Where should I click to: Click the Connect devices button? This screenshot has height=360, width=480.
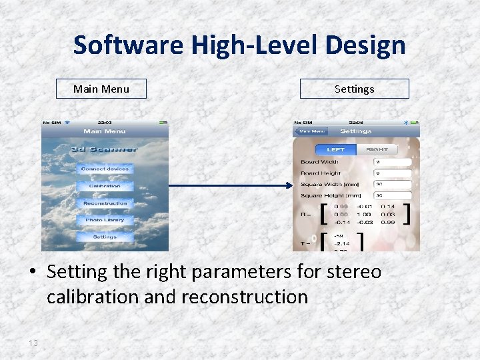tap(105, 169)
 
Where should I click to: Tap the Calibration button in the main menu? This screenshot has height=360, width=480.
tap(105, 186)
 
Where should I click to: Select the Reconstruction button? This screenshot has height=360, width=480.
tap(105, 203)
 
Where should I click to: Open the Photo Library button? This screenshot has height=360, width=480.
tap(105, 220)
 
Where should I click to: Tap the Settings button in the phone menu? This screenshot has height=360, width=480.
tap(105, 237)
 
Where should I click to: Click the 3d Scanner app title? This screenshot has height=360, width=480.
tap(105, 149)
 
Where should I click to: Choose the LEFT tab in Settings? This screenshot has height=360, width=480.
tap(336, 149)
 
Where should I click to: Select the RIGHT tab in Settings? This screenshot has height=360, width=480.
tap(377, 149)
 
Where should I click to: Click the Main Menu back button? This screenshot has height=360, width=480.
tap(311, 131)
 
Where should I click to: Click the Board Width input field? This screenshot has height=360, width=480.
tap(393, 161)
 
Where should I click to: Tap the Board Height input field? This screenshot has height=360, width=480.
tap(393, 173)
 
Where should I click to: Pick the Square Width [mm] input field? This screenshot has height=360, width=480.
tap(393, 185)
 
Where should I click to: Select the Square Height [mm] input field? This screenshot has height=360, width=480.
tap(393, 196)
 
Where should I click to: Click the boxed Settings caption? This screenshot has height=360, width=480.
tap(354, 89)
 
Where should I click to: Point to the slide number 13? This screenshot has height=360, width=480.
tap(33, 343)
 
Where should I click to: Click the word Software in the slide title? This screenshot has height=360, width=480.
tap(129, 45)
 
